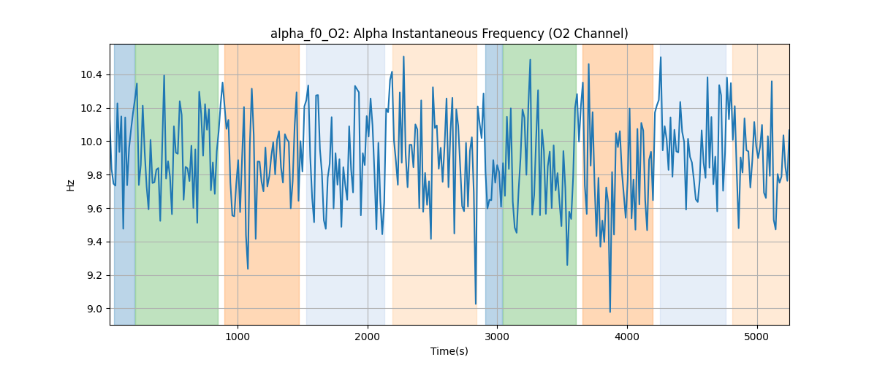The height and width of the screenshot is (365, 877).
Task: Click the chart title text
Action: (x=449, y=34)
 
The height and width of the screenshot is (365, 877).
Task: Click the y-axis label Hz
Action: (x=71, y=185)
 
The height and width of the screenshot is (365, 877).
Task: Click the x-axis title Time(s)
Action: (x=449, y=351)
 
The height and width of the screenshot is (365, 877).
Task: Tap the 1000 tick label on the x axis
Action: (x=237, y=337)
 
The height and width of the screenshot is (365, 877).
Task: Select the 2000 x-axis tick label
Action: (x=367, y=337)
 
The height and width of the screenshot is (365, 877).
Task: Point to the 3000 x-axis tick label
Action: (x=497, y=337)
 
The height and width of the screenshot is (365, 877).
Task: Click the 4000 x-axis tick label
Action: (x=627, y=337)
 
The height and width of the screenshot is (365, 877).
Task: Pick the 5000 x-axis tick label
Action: (x=757, y=337)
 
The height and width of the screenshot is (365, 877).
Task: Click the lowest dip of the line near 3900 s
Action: (x=610, y=312)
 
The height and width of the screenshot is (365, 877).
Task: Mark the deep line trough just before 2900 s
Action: (x=476, y=304)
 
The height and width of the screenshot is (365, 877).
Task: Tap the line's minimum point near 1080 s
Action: (x=248, y=269)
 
